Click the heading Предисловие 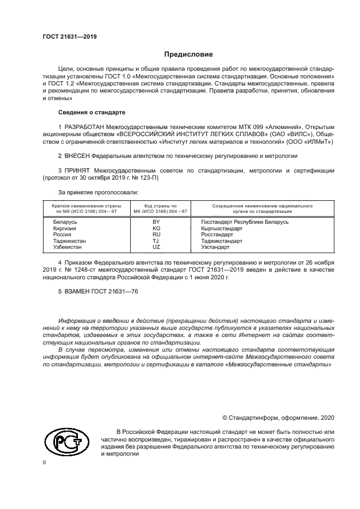tap(188, 54)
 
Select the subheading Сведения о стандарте tap(91, 112)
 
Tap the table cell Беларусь tap(65, 222)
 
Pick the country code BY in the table tap(156, 222)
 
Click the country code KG tap(156, 228)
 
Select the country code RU tap(156, 234)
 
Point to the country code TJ tap(156, 240)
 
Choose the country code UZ tap(156, 247)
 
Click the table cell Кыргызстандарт tap(221, 228)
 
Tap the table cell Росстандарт tap(216, 234)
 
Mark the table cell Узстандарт tap(215, 247)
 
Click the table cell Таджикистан tap(69, 240)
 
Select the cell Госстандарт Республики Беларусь tap(245, 222)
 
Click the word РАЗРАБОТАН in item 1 tap(86, 127)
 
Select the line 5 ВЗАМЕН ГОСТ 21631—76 tap(97, 292)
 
